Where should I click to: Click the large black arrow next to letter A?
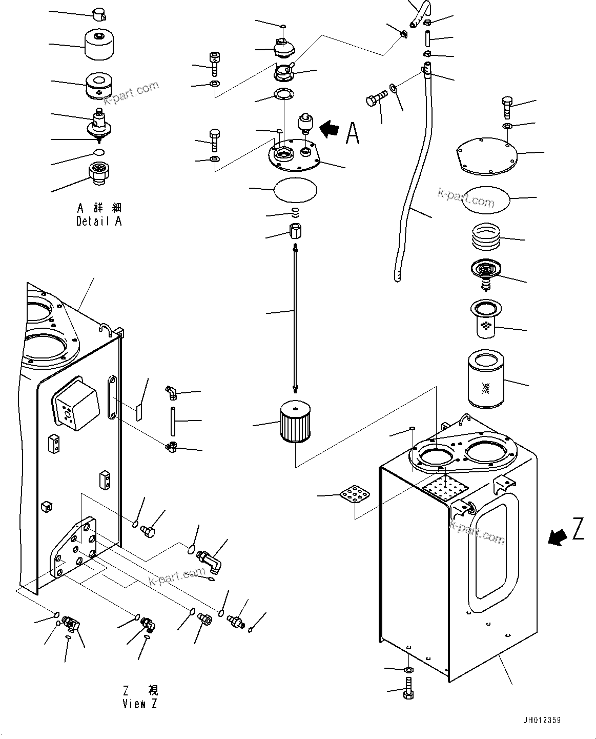(329, 129)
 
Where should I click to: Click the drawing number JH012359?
(542, 721)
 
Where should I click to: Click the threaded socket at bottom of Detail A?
(100, 171)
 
